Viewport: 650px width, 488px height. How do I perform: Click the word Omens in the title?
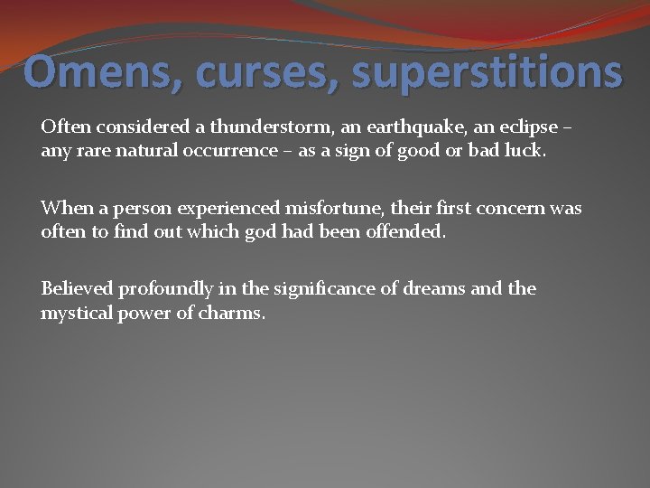[x=102, y=72]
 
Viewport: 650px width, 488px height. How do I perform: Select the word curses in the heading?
[x=265, y=72]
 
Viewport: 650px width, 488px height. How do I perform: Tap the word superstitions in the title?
[x=487, y=72]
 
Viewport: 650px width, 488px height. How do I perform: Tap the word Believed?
[x=78, y=289]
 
